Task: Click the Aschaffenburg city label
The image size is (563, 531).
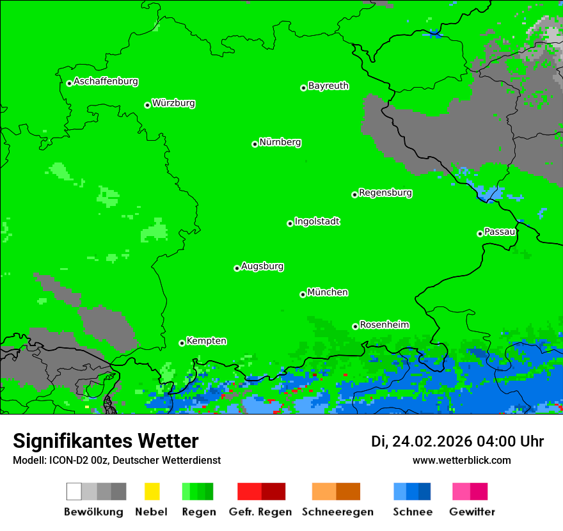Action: (x=106, y=81)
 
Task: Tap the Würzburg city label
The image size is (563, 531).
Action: (x=173, y=103)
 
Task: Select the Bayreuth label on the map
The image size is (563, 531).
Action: (x=328, y=86)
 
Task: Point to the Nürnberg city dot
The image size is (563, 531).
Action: (x=255, y=144)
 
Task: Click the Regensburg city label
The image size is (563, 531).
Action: (x=385, y=193)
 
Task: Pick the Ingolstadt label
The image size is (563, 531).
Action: (x=317, y=221)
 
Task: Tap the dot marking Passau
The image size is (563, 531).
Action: (x=480, y=234)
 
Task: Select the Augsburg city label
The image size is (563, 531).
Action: (x=262, y=266)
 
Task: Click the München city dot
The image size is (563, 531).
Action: (x=303, y=294)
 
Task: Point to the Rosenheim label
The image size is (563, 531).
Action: (x=385, y=324)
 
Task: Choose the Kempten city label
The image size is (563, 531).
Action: (x=206, y=341)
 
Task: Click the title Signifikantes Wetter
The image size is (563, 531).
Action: (x=106, y=441)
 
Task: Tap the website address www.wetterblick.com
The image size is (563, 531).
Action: (x=461, y=460)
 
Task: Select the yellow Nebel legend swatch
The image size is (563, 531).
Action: (x=152, y=491)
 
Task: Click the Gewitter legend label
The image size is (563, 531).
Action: (x=472, y=512)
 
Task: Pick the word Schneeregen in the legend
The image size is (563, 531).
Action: (x=337, y=512)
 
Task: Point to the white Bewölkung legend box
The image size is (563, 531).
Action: (x=74, y=491)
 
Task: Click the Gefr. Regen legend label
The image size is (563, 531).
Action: (x=260, y=512)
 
